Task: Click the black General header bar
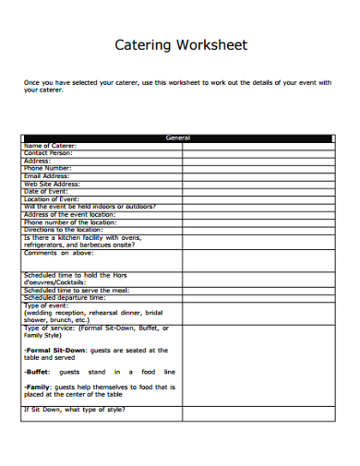tap(178, 137)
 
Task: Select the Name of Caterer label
tap(50, 145)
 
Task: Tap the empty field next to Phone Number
tap(258, 168)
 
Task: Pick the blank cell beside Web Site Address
tap(258, 184)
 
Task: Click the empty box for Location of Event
tap(258, 198)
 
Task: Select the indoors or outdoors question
tap(90, 206)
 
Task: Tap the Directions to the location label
tap(63, 229)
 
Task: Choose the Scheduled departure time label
tap(65, 298)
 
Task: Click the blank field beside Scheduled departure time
tap(258, 298)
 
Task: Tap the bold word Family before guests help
tap(39, 388)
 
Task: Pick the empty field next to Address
tap(258, 161)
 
